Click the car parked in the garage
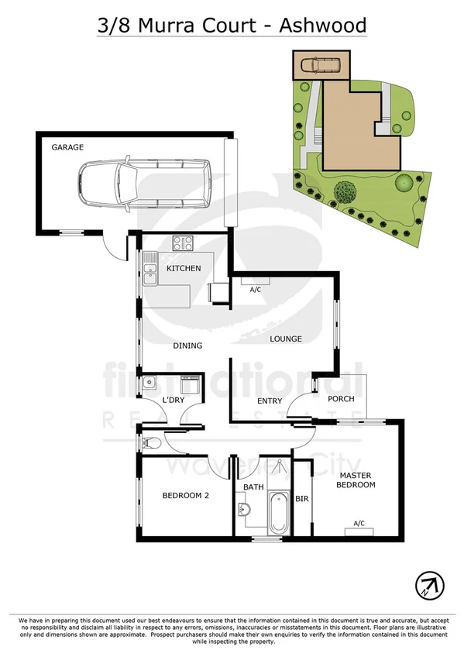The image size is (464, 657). [143, 184]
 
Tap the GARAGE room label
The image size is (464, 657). [67, 146]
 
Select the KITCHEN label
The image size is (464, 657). [184, 269]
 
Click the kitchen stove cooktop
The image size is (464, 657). [183, 243]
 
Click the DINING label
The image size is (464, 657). [187, 346]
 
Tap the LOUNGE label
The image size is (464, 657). [285, 339]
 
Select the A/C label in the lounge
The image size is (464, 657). [254, 290]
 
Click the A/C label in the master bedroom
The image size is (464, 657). [359, 523]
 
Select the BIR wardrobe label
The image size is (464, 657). [302, 499]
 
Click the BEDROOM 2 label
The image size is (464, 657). [186, 495]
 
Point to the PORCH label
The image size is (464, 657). [341, 400]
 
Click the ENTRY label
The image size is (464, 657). [270, 400]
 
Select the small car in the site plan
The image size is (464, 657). [320, 65]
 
